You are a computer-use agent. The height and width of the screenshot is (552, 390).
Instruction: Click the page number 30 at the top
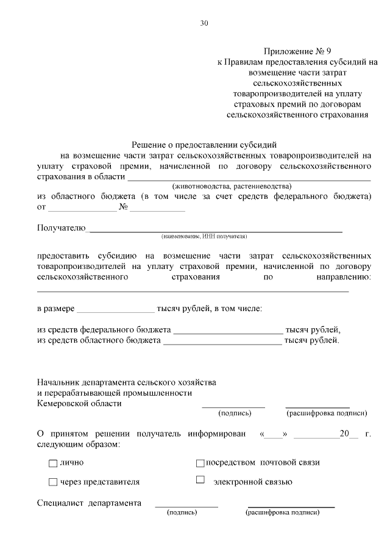tap(204, 23)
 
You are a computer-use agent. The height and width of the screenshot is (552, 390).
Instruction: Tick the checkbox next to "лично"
tap(52, 463)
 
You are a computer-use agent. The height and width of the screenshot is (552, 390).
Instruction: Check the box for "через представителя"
tap(52, 482)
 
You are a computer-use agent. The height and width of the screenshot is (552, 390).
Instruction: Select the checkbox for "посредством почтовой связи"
tap(200, 463)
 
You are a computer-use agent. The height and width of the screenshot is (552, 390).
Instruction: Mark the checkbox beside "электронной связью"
tap(200, 480)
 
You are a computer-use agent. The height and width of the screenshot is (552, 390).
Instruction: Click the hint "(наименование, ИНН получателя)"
tap(204, 236)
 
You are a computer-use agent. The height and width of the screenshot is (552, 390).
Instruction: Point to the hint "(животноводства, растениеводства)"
tap(232, 185)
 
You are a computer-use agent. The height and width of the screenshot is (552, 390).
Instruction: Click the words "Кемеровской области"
tap(79, 403)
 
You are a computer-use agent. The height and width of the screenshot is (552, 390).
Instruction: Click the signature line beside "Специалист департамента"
tap(186, 506)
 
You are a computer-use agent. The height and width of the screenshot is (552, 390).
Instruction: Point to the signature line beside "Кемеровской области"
tap(233, 406)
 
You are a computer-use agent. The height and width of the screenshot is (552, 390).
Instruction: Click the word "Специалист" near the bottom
tap(59, 503)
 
